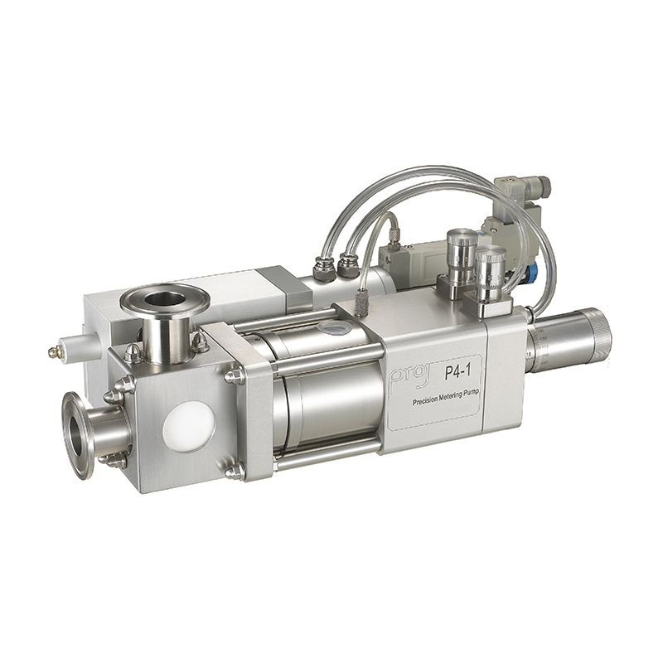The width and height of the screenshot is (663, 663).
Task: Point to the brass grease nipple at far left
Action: tap(56, 351)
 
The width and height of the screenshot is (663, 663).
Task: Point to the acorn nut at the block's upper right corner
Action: tap(235, 375)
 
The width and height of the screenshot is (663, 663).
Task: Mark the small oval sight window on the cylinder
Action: tap(333, 329)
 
